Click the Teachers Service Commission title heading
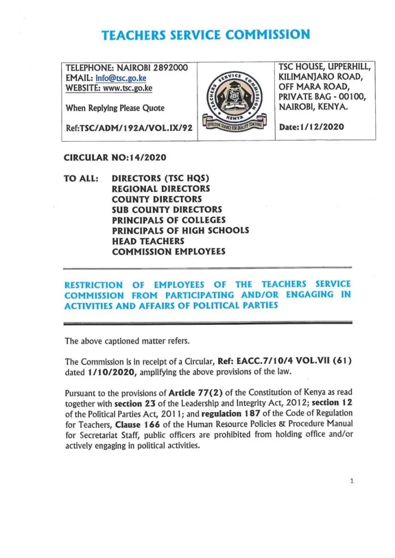(x=206, y=35)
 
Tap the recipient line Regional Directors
(x=160, y=189)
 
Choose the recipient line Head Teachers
(x=148, y=241)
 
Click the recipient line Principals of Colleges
(x=169, y=220)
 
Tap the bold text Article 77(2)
(x=195, y=392)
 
